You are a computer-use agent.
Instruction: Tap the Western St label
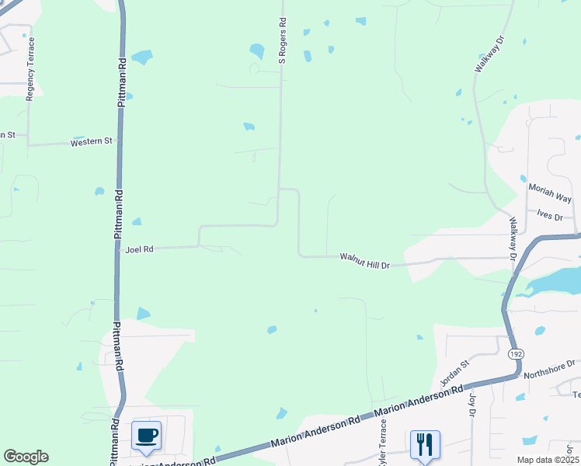coord(92,142)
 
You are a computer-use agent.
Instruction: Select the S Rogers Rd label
coord(284,40)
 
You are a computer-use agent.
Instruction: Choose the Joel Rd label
coord(140,249)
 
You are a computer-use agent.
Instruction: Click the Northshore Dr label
coord(549,368)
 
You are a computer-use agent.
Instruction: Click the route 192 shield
coord(515,353)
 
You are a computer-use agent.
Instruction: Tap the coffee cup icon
coord(146,435)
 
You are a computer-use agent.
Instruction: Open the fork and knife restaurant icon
coord(424,443)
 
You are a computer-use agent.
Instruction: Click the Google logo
coord(26,457)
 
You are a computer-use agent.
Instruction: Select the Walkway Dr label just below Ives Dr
coord(513,238)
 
